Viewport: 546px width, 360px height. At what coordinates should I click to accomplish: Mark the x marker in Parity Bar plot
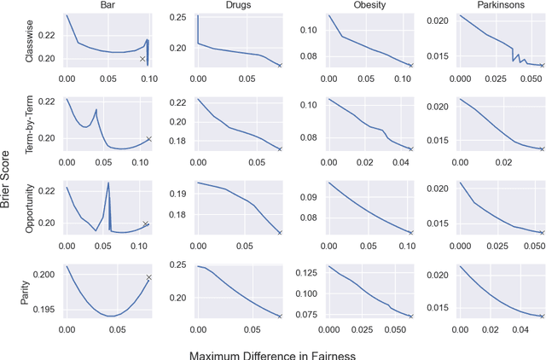(148, 277)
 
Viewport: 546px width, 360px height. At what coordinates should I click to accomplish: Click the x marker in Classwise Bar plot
(142, 59)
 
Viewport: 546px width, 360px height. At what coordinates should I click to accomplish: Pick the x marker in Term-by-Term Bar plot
(148, 139)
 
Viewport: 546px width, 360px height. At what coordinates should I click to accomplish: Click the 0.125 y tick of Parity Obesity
(309, 271)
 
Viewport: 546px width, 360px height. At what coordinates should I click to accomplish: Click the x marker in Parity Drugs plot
(280, 316)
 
